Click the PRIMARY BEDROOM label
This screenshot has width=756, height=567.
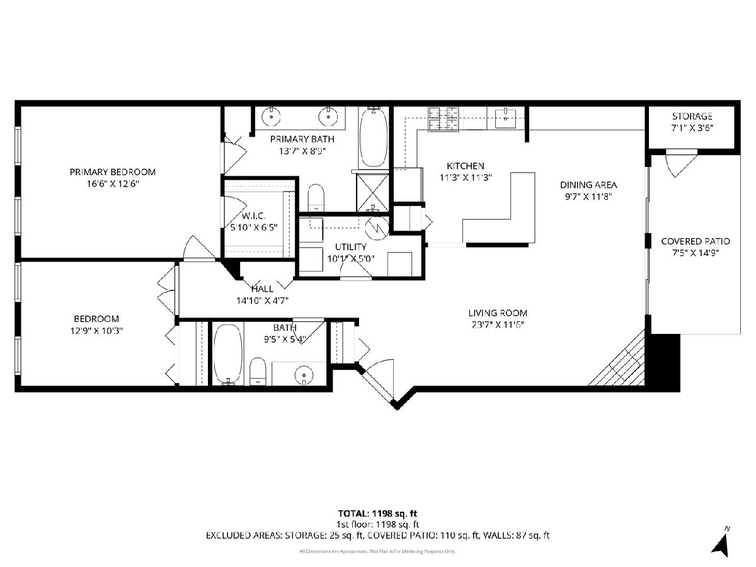113,172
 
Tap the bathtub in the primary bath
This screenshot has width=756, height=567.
374,138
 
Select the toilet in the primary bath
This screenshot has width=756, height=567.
316,198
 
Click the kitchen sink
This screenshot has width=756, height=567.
505,118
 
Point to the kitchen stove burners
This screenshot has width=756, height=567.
444,119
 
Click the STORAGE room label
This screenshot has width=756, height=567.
692,117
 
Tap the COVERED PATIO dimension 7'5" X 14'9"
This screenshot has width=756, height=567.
696,253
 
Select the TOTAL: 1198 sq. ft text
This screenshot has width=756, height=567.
377,513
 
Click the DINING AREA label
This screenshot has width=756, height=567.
588,185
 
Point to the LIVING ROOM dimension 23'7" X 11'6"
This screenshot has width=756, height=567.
498,324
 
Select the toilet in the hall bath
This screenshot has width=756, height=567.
257,372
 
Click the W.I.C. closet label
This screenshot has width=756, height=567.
253,216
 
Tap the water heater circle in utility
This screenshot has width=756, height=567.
377,227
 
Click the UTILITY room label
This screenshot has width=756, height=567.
351,247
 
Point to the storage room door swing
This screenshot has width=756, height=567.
680,164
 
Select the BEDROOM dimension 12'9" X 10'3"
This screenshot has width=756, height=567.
97,331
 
